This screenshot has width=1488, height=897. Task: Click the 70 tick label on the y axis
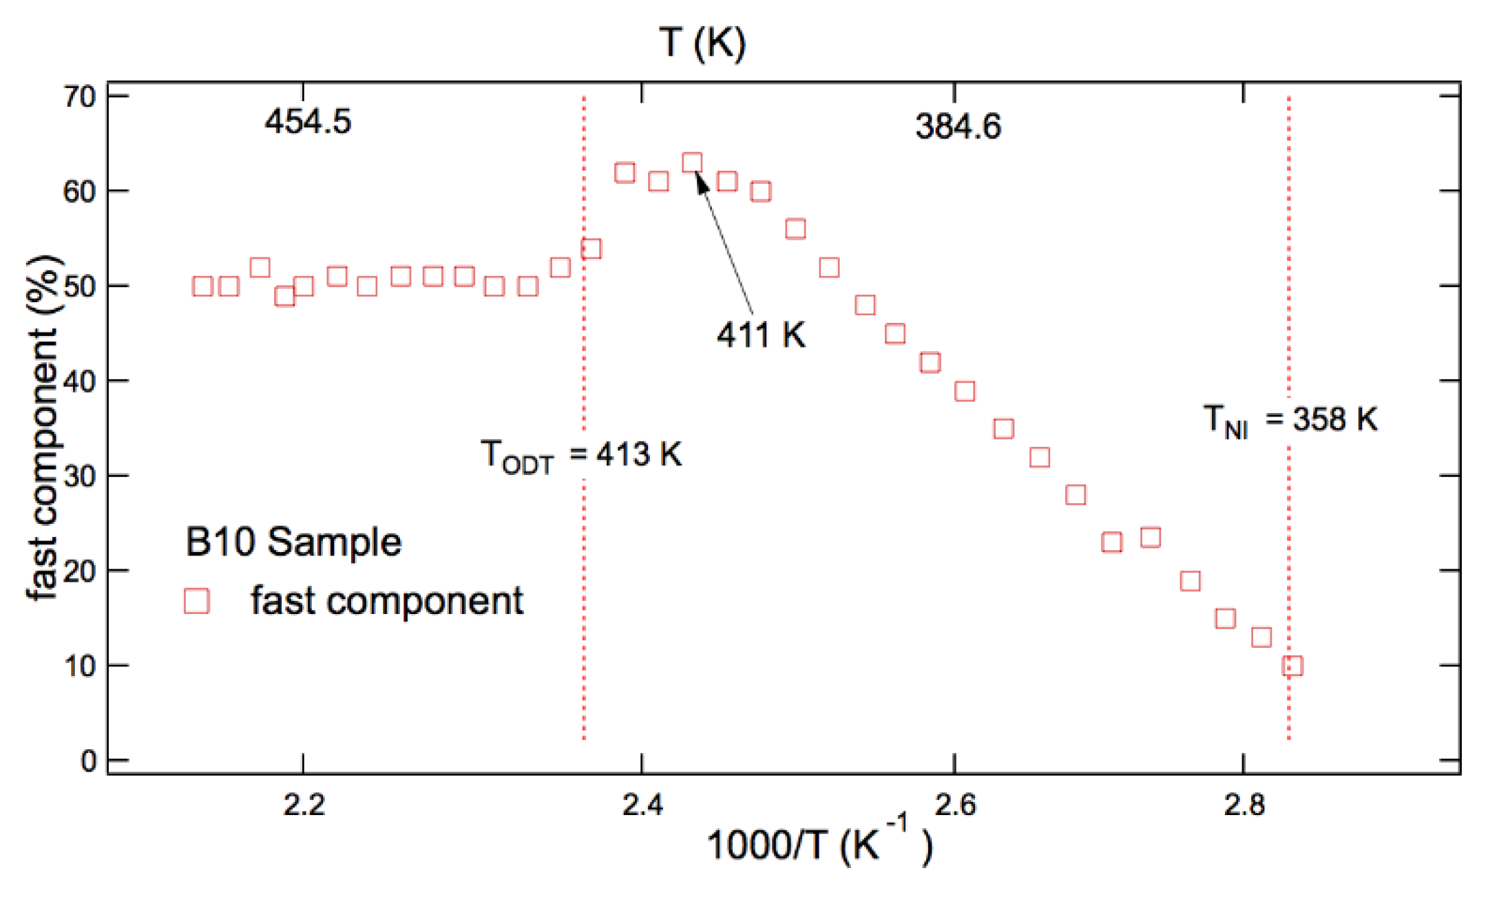click(79, 97)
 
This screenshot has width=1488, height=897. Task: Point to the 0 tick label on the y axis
click(88, 761)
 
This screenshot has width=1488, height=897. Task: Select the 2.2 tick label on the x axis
click(304, 805)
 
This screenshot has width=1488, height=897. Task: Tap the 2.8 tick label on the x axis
click(1244, 805)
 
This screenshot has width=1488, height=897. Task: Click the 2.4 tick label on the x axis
click(642, 805)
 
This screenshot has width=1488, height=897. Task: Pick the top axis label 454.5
click(308, 123)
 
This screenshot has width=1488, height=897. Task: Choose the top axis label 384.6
click(958, 127)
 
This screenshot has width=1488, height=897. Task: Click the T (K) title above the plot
click(702, 43)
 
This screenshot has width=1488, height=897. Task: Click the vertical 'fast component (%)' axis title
click(43, 427)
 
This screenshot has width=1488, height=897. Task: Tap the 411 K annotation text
click(761, 336)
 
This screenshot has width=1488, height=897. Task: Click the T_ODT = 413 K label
click(581, 456)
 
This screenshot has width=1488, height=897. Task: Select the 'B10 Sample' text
click(293, 542)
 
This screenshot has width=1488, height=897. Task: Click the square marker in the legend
click(197, 600)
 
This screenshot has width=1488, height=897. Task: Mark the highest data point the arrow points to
click(692, 162)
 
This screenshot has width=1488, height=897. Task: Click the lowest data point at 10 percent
click(1292, 666)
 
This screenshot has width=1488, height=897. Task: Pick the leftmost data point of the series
click(202, 286)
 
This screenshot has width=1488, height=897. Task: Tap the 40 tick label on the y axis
click(79, 381)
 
